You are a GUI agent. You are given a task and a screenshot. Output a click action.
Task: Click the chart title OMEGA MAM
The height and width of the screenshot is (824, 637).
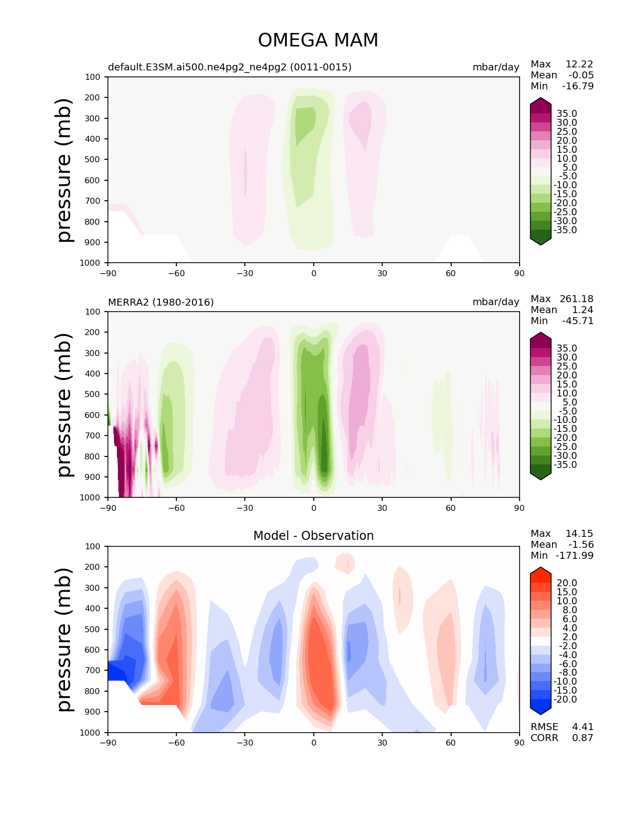pyautogui.click(x=318, y=40)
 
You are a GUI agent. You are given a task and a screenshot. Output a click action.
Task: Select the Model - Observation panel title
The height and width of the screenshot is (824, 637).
pyautogui.click(x=313, y=536)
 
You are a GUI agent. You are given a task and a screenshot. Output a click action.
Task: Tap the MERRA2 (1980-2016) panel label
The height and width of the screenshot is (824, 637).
pyautogui.click(x=161, y=302)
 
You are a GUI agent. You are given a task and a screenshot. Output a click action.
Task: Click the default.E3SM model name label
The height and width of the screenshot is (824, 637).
pyautogui.click(x=229, y=67)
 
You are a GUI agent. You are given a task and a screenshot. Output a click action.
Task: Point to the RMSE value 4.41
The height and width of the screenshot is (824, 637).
pyautogui.click(x=583, y=727)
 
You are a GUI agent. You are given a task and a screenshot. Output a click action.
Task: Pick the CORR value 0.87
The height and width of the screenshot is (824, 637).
pyautogui.click(x=583, y=738)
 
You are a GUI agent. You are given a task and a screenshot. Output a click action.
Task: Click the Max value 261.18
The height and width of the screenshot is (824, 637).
pyautogui.click(x=577, y=299)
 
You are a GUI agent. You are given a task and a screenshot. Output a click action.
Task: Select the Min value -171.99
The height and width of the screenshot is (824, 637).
pyautogui.click(x=575, y=555)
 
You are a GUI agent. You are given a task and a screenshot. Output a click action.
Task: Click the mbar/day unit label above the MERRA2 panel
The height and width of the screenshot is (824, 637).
pyautogui.click(x=496, y=302)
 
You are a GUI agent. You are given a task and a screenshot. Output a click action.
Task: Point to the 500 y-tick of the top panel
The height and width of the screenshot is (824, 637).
pyautogui.click(x=93, y=160)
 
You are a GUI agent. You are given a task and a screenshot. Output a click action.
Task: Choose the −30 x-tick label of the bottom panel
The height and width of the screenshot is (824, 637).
pyautogui.click(x=245, y=743)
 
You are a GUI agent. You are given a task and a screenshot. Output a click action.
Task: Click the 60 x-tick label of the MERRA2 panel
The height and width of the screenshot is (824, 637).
pyautogui.click(x=451, y=508)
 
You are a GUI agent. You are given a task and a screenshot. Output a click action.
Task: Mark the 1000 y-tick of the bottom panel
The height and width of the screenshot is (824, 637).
pyautogui.click(x=90, y=733)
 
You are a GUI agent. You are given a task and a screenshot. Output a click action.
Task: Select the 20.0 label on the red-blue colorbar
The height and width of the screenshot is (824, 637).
pyautogui.click(x=567, y=583)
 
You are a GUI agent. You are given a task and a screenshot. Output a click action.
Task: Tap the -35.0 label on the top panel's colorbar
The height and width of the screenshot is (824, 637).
pyautogui.click(x=567, y=230)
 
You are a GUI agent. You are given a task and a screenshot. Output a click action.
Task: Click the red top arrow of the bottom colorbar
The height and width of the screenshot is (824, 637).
pyautogui.click(x=541, y=572)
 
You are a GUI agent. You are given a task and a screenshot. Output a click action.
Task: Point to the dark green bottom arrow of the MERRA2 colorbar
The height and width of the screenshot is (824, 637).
pyautogui.click(x=541, y=474)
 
